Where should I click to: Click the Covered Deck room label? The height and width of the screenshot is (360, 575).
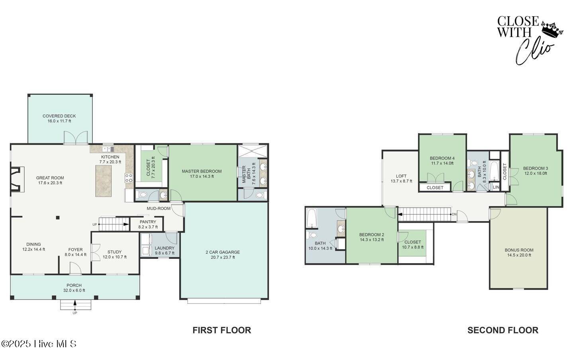coord(59,116)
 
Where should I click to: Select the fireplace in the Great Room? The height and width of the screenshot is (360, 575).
coord(17,179)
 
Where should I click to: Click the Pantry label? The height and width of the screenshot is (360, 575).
coord(148,222)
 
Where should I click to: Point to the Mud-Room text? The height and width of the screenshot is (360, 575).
coord(158,209)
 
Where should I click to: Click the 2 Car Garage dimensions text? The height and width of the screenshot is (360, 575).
coord(223,257)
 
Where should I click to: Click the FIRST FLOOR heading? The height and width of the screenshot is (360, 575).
coord(222,330)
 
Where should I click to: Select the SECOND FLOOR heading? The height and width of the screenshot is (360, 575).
coord(503,330)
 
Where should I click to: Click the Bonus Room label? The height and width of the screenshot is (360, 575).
coord(519,250)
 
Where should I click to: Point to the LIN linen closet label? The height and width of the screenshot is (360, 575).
coord(496,188)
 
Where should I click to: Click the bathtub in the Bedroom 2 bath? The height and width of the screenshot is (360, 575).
coord(312,218)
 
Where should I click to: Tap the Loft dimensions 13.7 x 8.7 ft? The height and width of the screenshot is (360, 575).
coord(401,181)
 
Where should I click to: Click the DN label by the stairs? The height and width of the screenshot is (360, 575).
coord(454,214)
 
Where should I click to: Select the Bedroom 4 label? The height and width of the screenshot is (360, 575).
coord(442,158)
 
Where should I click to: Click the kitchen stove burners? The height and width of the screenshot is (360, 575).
coord(129,178)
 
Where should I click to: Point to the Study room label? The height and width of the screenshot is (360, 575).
coord(115,252)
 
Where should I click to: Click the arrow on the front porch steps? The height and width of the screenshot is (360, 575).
coord(75,304)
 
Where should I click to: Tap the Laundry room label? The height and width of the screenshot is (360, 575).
coord(164,248)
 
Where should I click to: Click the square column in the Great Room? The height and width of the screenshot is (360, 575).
coord(58,218)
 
